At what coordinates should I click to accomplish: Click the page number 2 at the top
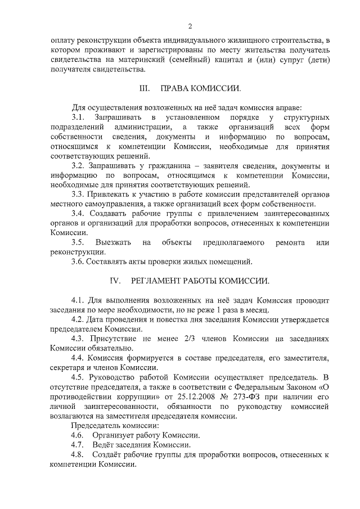tap(190, 26)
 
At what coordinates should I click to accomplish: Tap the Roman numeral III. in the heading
tap(145, 88)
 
